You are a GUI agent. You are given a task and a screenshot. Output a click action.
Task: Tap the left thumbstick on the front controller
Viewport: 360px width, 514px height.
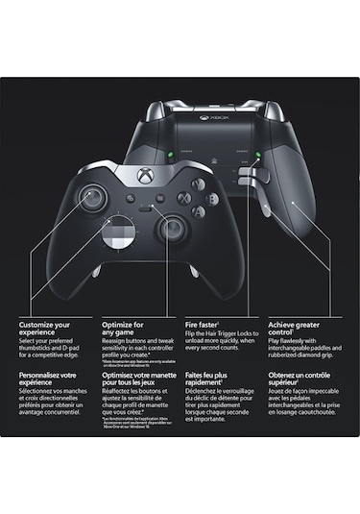93,198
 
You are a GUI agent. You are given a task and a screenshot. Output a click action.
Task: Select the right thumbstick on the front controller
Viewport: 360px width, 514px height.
173,229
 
